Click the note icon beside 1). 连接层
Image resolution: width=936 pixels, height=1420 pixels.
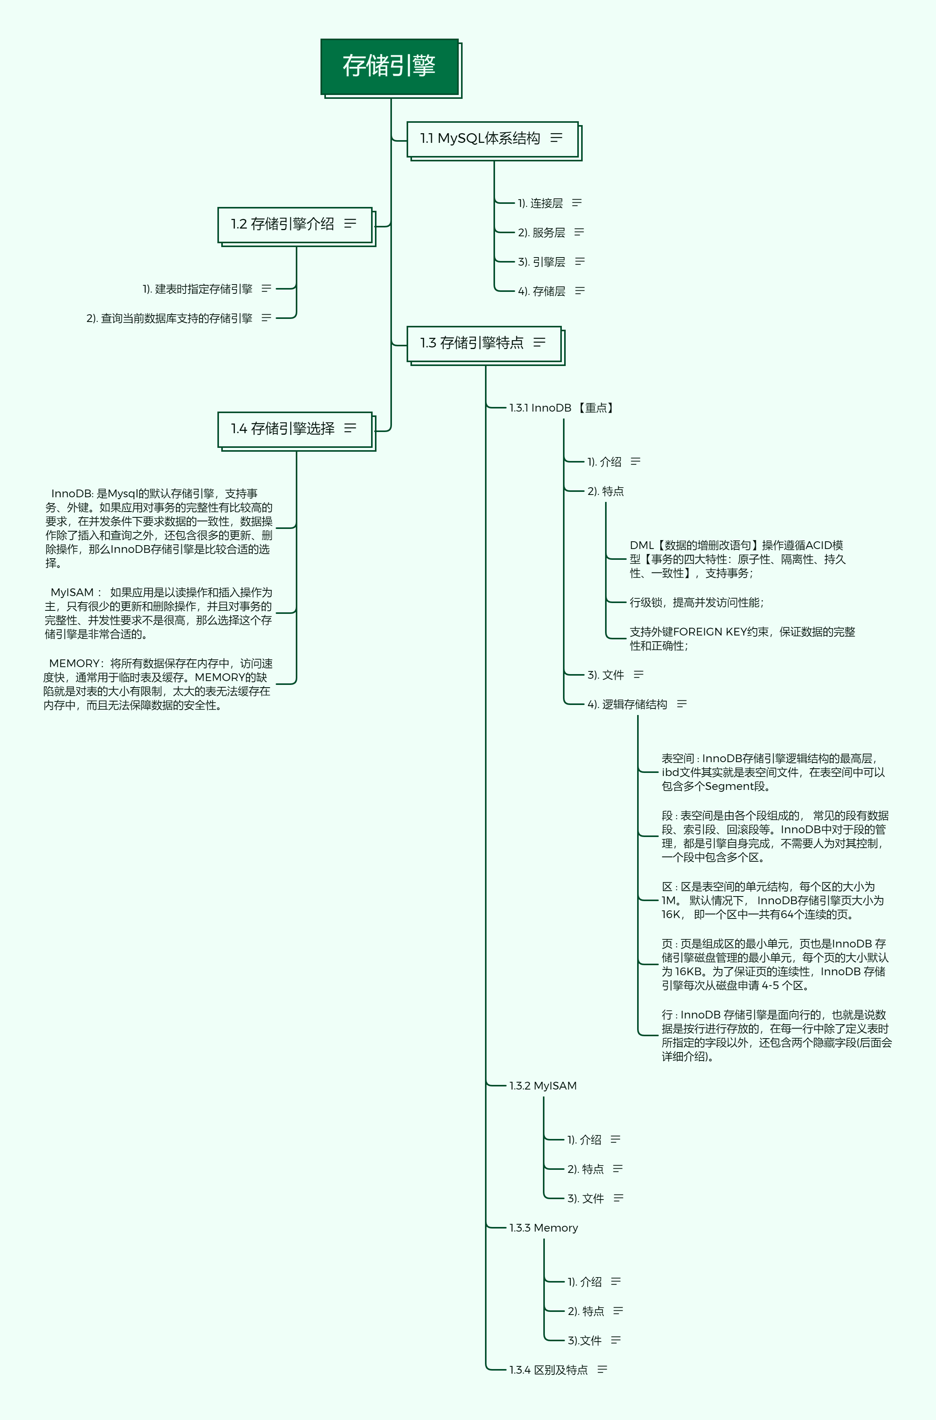click(x=577, y=203)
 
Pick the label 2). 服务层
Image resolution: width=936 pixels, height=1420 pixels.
click(x=541, y=233)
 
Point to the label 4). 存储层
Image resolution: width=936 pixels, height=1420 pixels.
click(x=541, y=291)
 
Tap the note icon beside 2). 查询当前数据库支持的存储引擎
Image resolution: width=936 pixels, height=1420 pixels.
click(x=266, y=318)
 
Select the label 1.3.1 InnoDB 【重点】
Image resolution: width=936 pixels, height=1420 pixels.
click(x=562, y=408)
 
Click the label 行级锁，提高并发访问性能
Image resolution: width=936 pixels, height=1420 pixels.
click(x=697, y=603)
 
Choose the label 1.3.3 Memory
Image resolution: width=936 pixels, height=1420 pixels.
click(x=544, y=1228)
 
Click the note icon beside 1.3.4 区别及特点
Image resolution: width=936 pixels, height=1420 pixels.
click(x=602, y=1369)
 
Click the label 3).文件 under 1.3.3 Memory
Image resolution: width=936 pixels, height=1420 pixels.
click(x=584, y=1340)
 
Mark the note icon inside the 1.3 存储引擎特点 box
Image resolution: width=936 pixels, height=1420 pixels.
click(x=540, y=342)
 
